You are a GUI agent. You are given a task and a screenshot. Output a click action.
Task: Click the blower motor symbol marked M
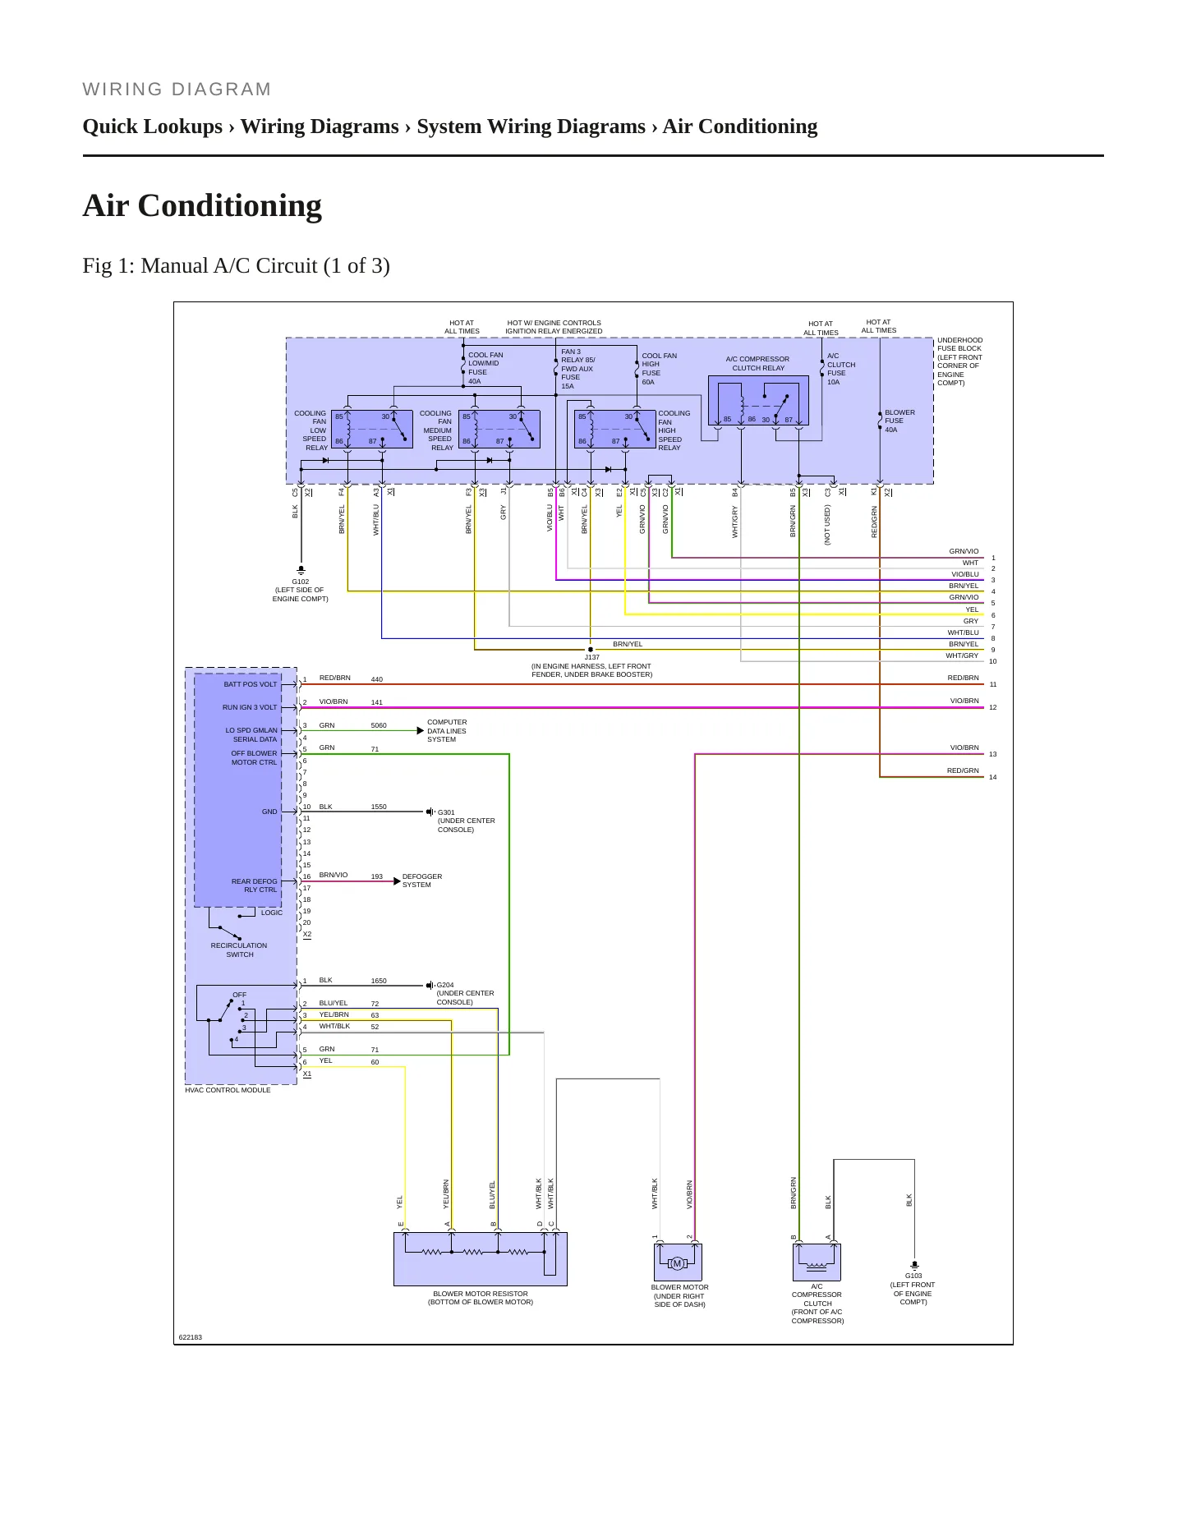[677, 1263]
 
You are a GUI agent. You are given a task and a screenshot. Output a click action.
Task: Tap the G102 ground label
[301, 590]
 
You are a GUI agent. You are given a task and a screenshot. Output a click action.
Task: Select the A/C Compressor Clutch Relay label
[758, 364]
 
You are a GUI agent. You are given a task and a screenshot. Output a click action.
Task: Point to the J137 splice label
[591, 666]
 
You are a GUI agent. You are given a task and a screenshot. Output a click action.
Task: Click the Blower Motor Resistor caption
[481, 1298]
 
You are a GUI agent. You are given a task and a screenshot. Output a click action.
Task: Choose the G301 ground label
[467, 821]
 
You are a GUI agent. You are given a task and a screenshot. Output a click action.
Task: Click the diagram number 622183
[191, 1337]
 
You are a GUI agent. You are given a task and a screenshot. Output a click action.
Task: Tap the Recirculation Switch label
[239, 950]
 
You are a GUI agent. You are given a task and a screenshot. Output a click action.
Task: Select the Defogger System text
[422, 881]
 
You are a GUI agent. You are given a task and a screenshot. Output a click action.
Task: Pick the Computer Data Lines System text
[447, 731]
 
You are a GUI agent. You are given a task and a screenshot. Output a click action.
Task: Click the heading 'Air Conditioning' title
[202, 205]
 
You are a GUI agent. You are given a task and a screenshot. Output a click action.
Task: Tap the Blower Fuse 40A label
[899, 421]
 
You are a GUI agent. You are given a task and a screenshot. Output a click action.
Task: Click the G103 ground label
[913, 1289]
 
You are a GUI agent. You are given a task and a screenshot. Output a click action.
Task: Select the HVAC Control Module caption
[228, 1090]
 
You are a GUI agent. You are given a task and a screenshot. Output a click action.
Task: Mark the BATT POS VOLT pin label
[251, 684]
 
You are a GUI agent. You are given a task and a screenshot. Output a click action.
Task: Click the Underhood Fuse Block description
[960, 361]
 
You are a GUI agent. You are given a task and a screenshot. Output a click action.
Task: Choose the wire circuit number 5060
[379, 726]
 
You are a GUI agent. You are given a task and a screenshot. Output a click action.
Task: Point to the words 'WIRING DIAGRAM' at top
[177, 90]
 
